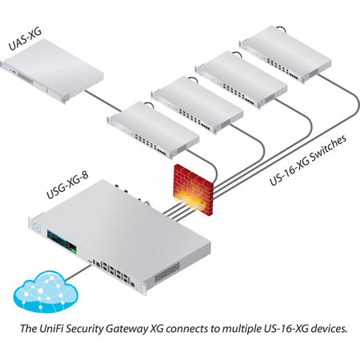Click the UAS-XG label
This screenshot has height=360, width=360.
25,39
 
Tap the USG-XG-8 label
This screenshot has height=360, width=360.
67,185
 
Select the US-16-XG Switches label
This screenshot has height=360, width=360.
308,160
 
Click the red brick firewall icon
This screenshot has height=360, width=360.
194,190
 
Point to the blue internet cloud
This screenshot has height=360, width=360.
46,292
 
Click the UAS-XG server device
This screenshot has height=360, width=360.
52,70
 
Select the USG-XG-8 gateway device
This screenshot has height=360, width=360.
119,237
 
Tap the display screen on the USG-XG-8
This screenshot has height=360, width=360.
62,242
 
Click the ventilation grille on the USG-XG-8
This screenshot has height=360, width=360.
167,272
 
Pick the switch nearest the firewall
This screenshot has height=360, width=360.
153,130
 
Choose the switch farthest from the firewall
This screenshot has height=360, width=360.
286,54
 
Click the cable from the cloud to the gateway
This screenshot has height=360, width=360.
78,273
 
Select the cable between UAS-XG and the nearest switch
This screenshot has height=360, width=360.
103,101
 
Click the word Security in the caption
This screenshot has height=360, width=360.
84,329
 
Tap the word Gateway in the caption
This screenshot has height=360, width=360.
127,329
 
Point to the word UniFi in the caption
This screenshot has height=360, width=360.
51,328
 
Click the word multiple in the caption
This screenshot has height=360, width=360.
242,329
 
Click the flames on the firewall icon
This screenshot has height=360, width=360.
190,198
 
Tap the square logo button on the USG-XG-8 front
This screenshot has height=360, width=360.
37,228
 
